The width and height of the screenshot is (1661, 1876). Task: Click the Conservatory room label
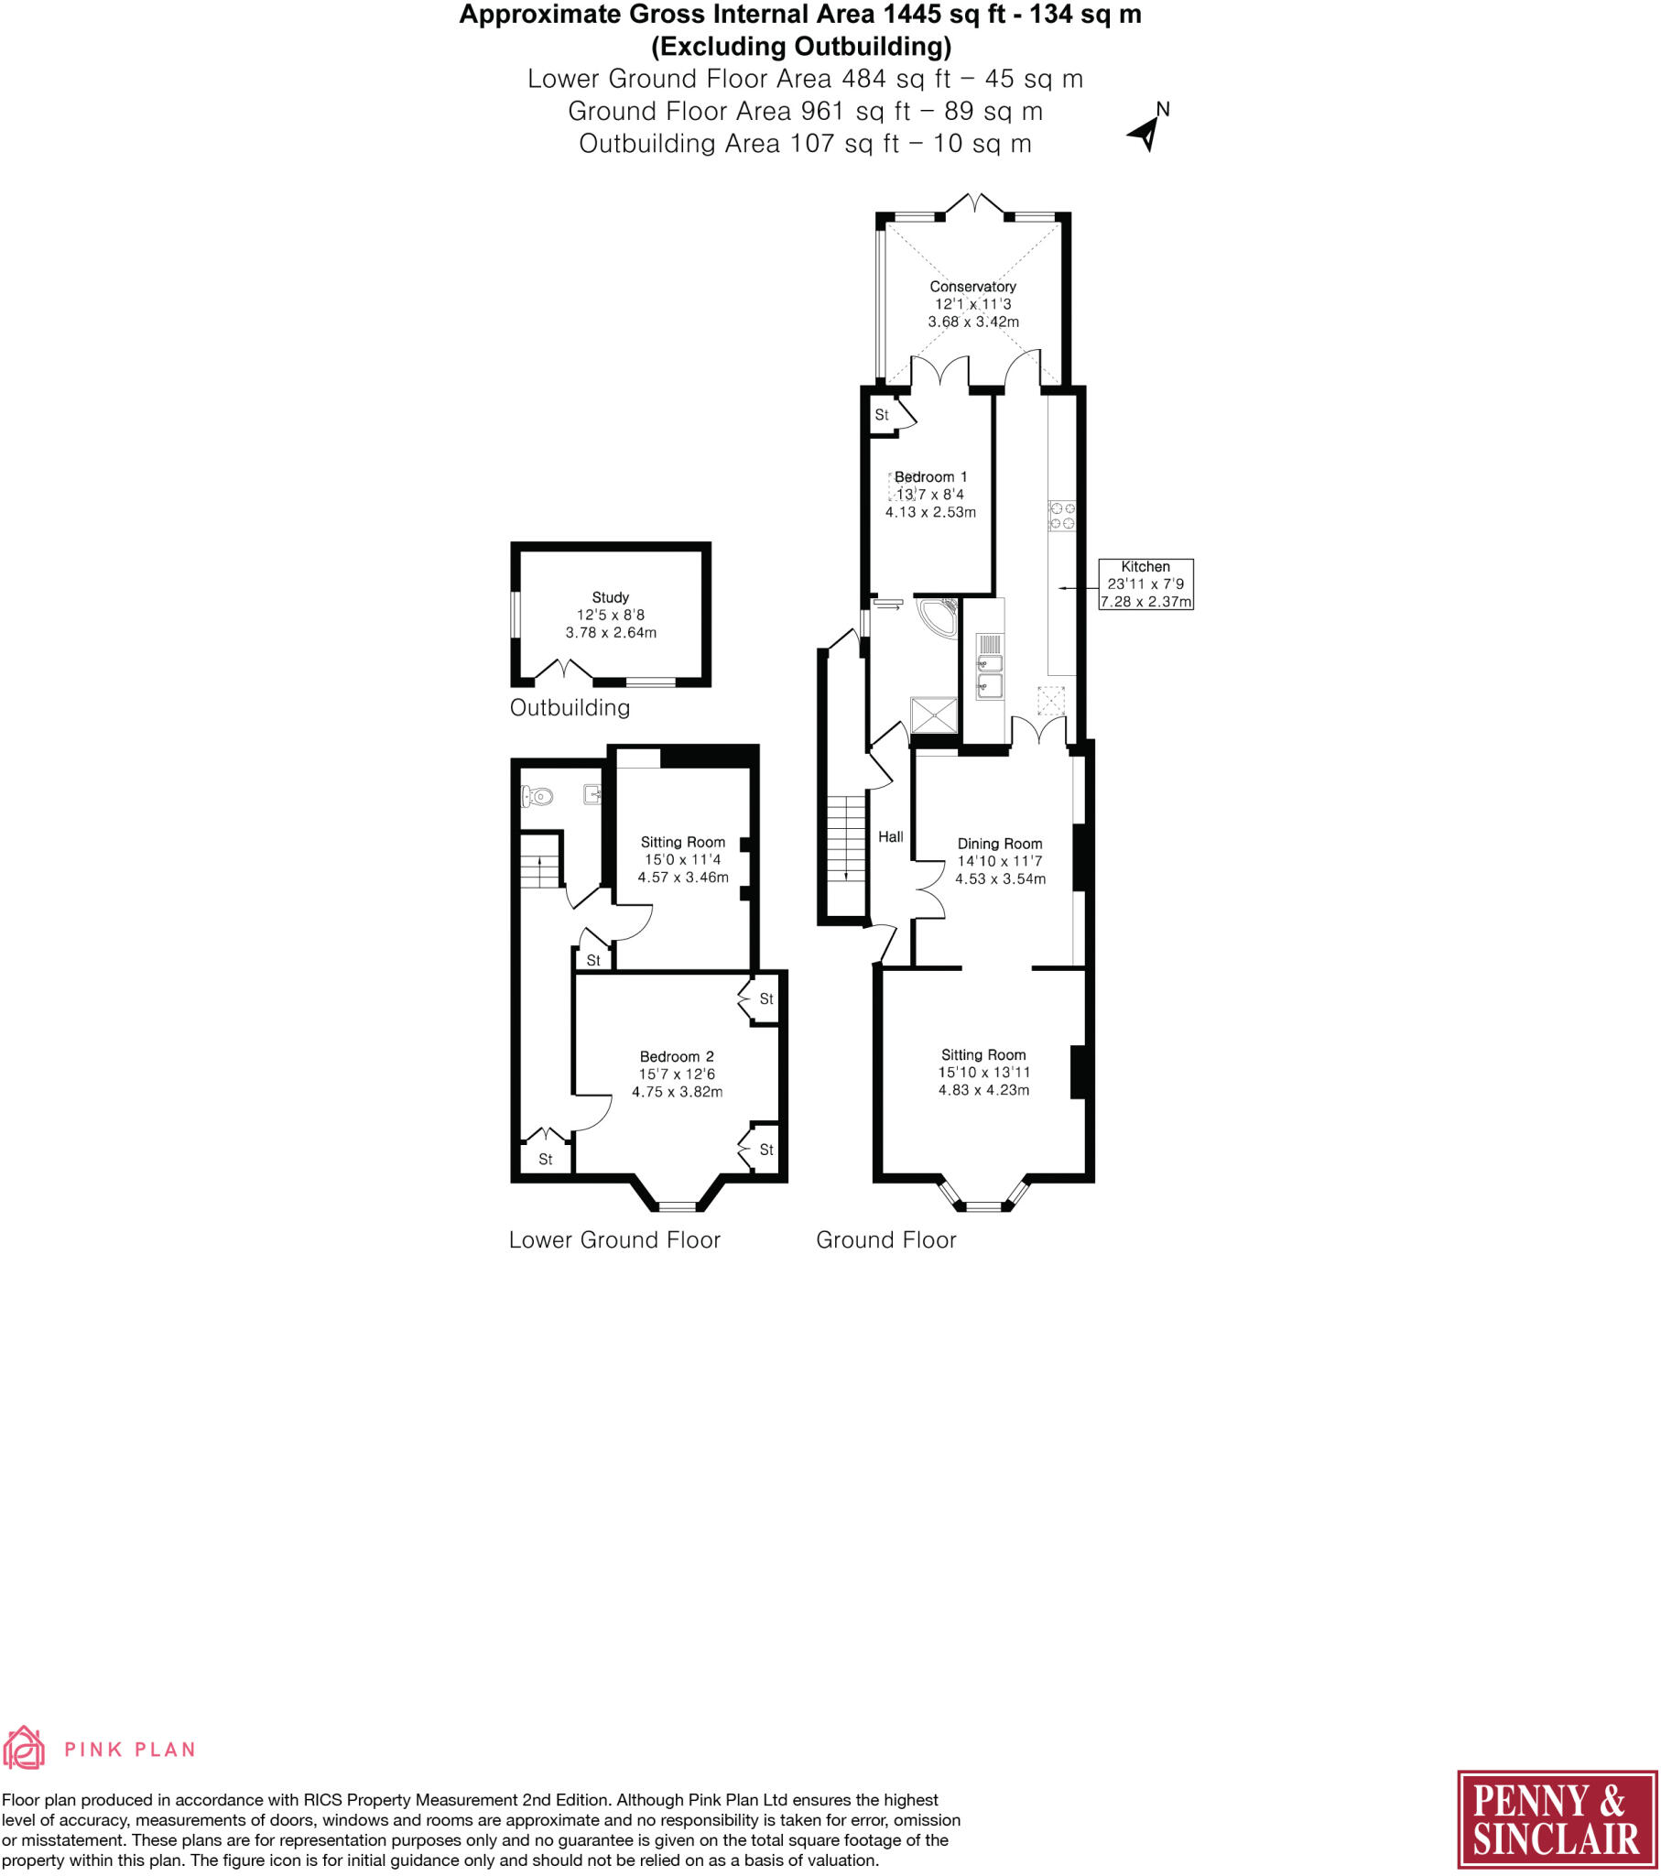(972, 287)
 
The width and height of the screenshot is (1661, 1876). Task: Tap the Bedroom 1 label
(930, 477)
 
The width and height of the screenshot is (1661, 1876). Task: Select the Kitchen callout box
(1145, 584)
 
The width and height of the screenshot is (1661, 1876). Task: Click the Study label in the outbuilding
(610, 597)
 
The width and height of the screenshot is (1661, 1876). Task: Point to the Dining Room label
(999, 844)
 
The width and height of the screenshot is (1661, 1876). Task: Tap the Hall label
(890, 837)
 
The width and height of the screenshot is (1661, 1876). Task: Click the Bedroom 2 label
(677, 1056)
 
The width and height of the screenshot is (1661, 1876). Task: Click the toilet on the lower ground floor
(537, 796)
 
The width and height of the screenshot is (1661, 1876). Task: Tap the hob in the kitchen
(1062, 516)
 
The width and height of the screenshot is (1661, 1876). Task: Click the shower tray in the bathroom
(933, 716)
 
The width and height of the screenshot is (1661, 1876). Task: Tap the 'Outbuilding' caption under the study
(570, 708)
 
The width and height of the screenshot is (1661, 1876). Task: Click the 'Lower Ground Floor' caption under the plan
(614, 1240)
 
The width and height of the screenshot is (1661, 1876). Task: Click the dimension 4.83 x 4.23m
(983, 1090)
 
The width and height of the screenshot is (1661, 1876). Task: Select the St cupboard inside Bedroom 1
(883, 415)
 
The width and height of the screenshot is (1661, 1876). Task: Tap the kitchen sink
(989, 673)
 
